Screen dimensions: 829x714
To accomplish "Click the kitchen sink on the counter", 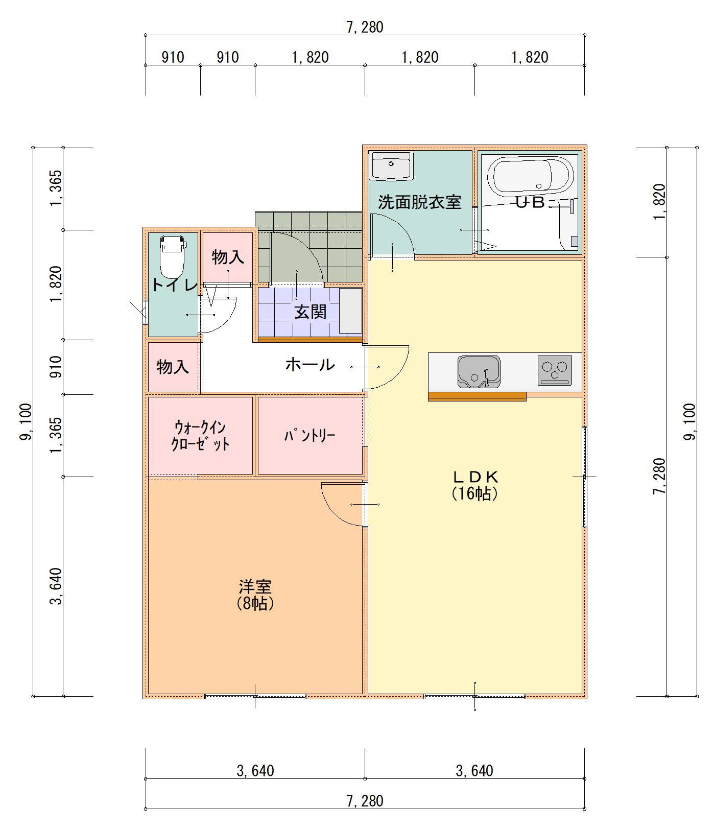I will tap(478, 371).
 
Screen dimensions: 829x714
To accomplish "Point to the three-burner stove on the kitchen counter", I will tap(555, 370).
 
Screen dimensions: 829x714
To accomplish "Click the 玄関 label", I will tap(310, 312).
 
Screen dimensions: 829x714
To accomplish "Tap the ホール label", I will tap(310, 364).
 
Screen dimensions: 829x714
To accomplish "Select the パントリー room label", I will tap(310, 436).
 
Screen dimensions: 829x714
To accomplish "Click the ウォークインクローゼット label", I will tap(200, 435).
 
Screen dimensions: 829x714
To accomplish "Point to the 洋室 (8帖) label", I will tap(255, 594).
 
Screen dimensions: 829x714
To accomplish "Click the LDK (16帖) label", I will tap(475, 485).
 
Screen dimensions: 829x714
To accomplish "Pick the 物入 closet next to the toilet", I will tap(228, 257).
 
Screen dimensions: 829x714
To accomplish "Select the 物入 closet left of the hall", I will tap(173, 366).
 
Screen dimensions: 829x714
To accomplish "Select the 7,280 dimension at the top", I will tap(365, 27).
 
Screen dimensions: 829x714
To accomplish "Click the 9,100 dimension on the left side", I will tap(26, 421).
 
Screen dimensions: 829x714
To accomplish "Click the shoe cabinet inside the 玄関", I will tap(351, 311).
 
